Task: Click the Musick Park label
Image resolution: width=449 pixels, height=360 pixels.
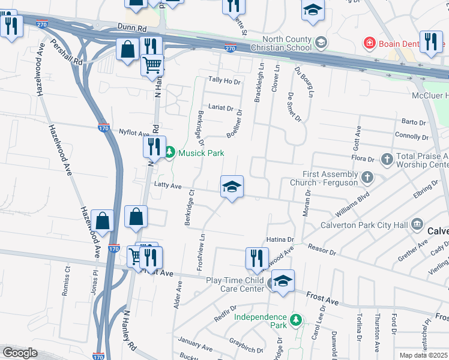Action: coord(200,153)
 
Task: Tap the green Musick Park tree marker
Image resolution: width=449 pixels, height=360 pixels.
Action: coord(169,153)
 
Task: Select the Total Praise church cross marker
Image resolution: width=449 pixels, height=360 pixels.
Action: coord(387,160)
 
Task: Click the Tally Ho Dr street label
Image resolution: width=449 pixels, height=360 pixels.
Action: coord(224,80)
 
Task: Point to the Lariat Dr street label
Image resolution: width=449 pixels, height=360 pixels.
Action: coord(220,108)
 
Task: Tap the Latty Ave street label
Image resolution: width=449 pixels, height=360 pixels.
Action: coord(167,186)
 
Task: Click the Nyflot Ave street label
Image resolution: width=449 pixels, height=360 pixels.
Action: coord(133,133)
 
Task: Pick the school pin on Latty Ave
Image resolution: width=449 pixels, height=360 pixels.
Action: coord(231,187)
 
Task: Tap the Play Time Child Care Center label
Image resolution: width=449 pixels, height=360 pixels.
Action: coord(235,284)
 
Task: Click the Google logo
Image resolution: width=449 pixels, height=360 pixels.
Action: coord(20,353)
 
